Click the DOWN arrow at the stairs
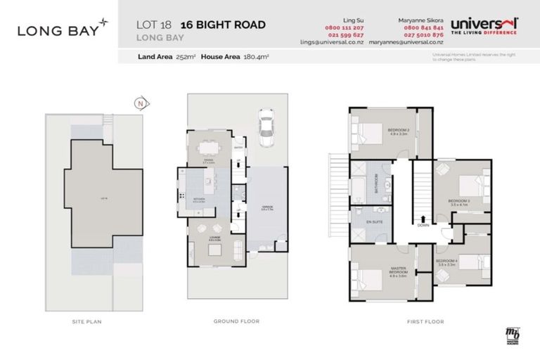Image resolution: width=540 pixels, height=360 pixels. (423, 225)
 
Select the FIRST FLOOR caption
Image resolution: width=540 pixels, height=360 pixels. (425, 321)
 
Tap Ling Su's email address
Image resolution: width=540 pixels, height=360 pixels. (340, 43)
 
